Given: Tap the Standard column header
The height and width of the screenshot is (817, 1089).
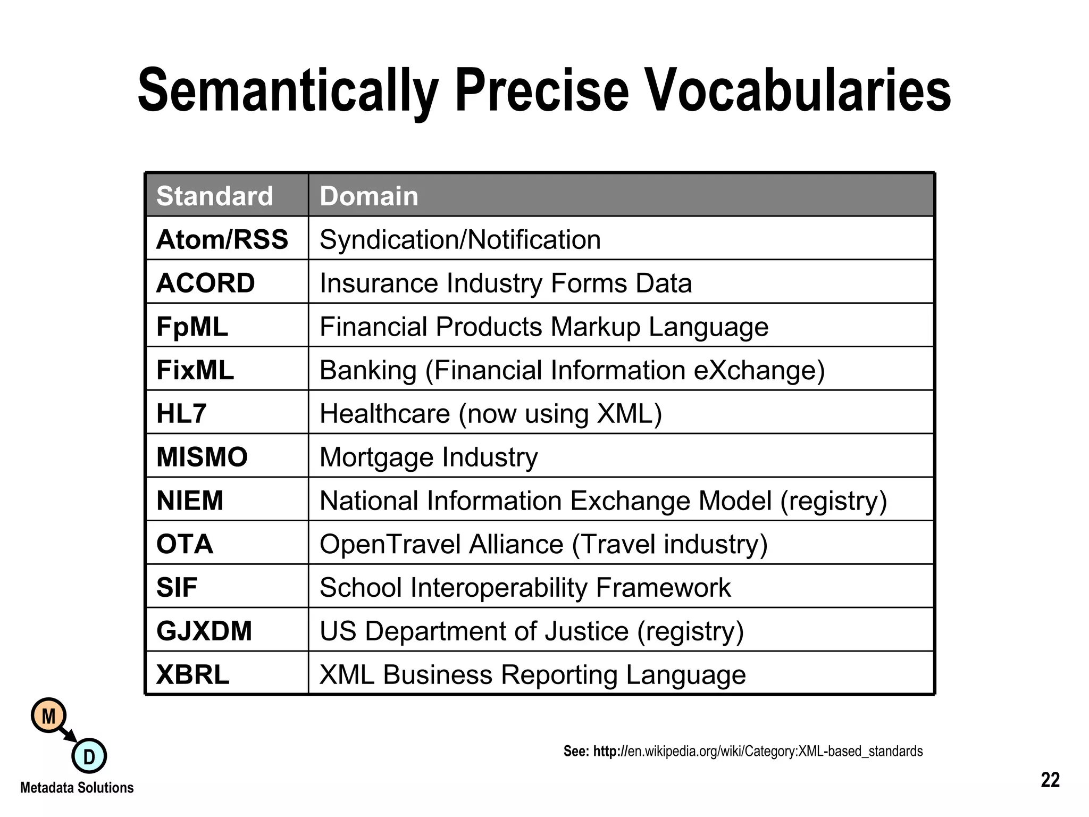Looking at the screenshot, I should (215, 196).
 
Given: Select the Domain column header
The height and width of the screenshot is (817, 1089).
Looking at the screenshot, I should (369, 196).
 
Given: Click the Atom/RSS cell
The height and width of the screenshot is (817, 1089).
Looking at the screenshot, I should (222, 239).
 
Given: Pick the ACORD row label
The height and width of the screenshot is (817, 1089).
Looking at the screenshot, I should (206, 283).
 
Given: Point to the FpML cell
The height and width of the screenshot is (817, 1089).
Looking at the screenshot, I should (192, 327).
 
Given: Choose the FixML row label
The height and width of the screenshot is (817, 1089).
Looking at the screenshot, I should (195, 370).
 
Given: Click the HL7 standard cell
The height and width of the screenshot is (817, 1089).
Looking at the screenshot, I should (181, 413).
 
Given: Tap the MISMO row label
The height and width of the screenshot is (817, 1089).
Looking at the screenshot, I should (202, 457).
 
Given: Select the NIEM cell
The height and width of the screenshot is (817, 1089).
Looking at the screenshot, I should (190, 501).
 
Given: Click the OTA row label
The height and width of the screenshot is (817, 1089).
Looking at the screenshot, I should (185, 544).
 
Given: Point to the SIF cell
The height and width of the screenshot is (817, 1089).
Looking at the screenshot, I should (177, 588).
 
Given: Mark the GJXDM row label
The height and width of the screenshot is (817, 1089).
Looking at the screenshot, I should (204, 631).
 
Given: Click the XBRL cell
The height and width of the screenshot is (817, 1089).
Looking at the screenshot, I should (192, 674).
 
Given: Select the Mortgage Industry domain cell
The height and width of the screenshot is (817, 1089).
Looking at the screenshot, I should (429, 457).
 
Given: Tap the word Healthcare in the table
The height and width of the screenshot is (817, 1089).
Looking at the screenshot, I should (384, 413).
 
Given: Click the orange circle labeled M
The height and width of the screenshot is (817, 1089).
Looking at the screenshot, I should (49, 716).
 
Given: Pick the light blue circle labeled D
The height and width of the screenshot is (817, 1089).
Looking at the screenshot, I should (89, 756).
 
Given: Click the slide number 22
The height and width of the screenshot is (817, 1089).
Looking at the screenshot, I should (1050, 780).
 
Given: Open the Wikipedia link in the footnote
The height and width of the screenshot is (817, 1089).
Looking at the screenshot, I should (775, 751).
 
